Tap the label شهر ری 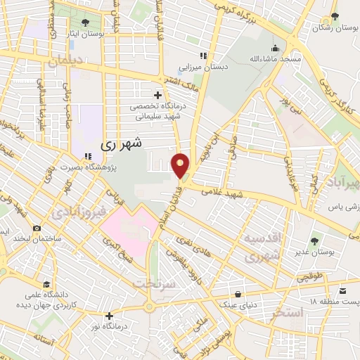pyautogui.click(x=121, y=143)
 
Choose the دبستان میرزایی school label pyautogui.click(x=200, y=68)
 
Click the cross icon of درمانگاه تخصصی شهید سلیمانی pyautogui.click(x=157, y=94)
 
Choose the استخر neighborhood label pyautogui.click(x=285, y=313)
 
